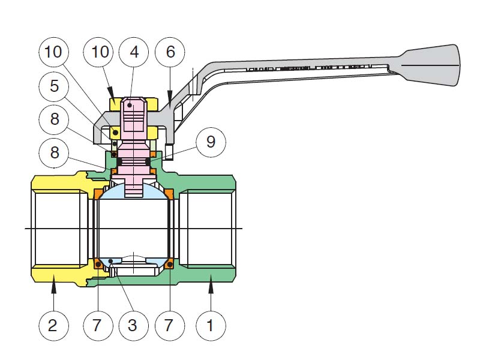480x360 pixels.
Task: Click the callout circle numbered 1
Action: point(210,326)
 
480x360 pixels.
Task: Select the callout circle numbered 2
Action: point(53,326)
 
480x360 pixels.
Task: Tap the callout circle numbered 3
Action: point(133,326)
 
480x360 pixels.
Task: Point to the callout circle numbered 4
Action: point(134,52)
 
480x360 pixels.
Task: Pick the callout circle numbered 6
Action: point(170,52)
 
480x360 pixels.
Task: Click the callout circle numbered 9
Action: point(209,142)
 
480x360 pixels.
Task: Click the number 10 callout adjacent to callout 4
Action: point(100,52)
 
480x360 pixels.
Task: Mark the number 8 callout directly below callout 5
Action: point(55,119)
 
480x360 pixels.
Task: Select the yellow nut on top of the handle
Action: point(117,104)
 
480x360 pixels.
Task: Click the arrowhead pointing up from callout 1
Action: point(210,289)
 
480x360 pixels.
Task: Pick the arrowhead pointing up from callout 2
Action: point(53,289)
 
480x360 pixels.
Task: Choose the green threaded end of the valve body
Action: point(210,228)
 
